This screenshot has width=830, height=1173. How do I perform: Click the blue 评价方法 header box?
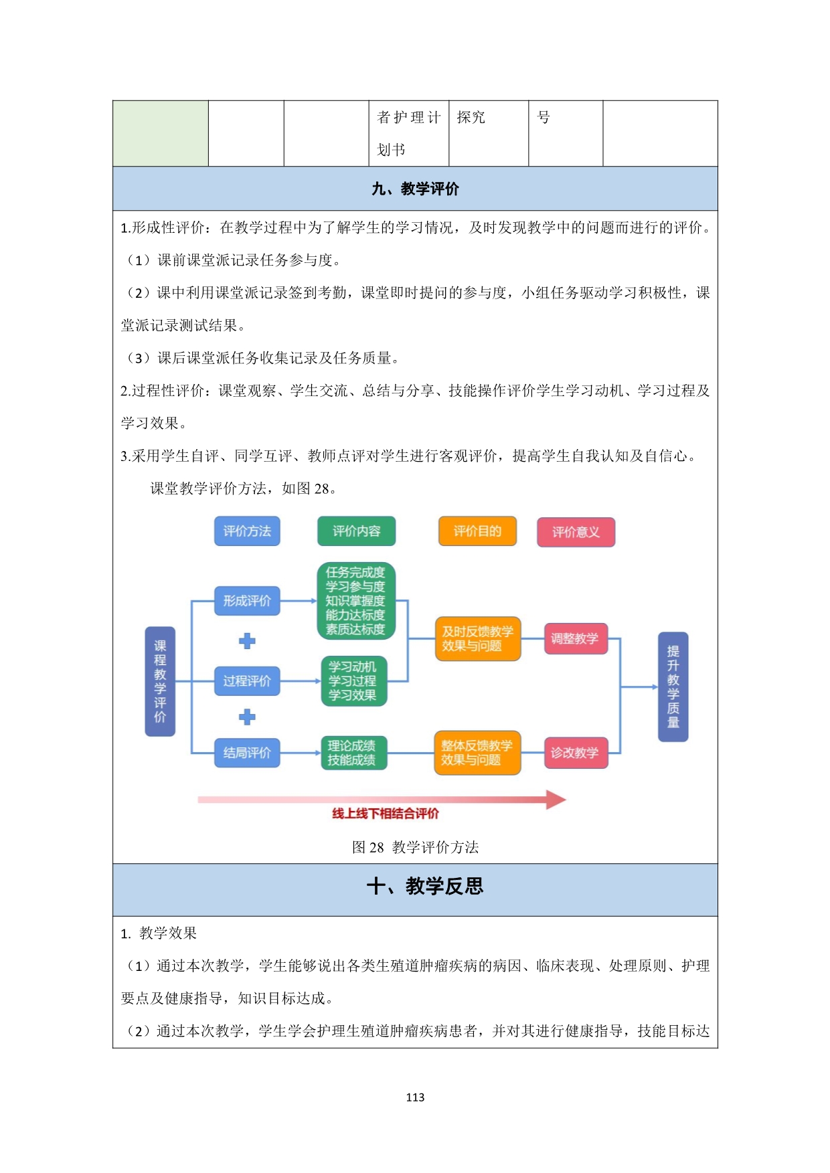247,531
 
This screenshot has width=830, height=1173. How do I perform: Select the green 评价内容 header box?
356,531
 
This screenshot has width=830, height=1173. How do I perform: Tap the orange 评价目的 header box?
477,531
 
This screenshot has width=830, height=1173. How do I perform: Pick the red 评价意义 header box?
576,533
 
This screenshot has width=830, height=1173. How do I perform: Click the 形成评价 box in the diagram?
247,601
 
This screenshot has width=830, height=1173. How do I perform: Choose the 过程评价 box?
247,681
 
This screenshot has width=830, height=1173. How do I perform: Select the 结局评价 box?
247,753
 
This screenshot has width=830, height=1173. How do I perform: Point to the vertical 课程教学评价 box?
160,682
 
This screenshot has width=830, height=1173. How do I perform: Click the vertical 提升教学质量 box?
673,687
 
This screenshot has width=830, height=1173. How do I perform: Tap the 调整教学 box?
576,638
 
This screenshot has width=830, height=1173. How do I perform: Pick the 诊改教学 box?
576,753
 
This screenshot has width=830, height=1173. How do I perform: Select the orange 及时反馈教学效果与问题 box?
478,639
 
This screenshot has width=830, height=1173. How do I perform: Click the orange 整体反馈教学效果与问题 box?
477,753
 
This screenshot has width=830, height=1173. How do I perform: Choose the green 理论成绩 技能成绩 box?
354,753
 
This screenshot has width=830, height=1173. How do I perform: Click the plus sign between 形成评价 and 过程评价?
247,641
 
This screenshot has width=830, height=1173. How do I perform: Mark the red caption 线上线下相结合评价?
386,814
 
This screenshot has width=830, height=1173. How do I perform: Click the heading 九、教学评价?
415,189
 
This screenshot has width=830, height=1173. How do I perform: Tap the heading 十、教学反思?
425,887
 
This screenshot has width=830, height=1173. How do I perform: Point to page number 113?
415,1097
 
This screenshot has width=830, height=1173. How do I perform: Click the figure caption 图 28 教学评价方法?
415,847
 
